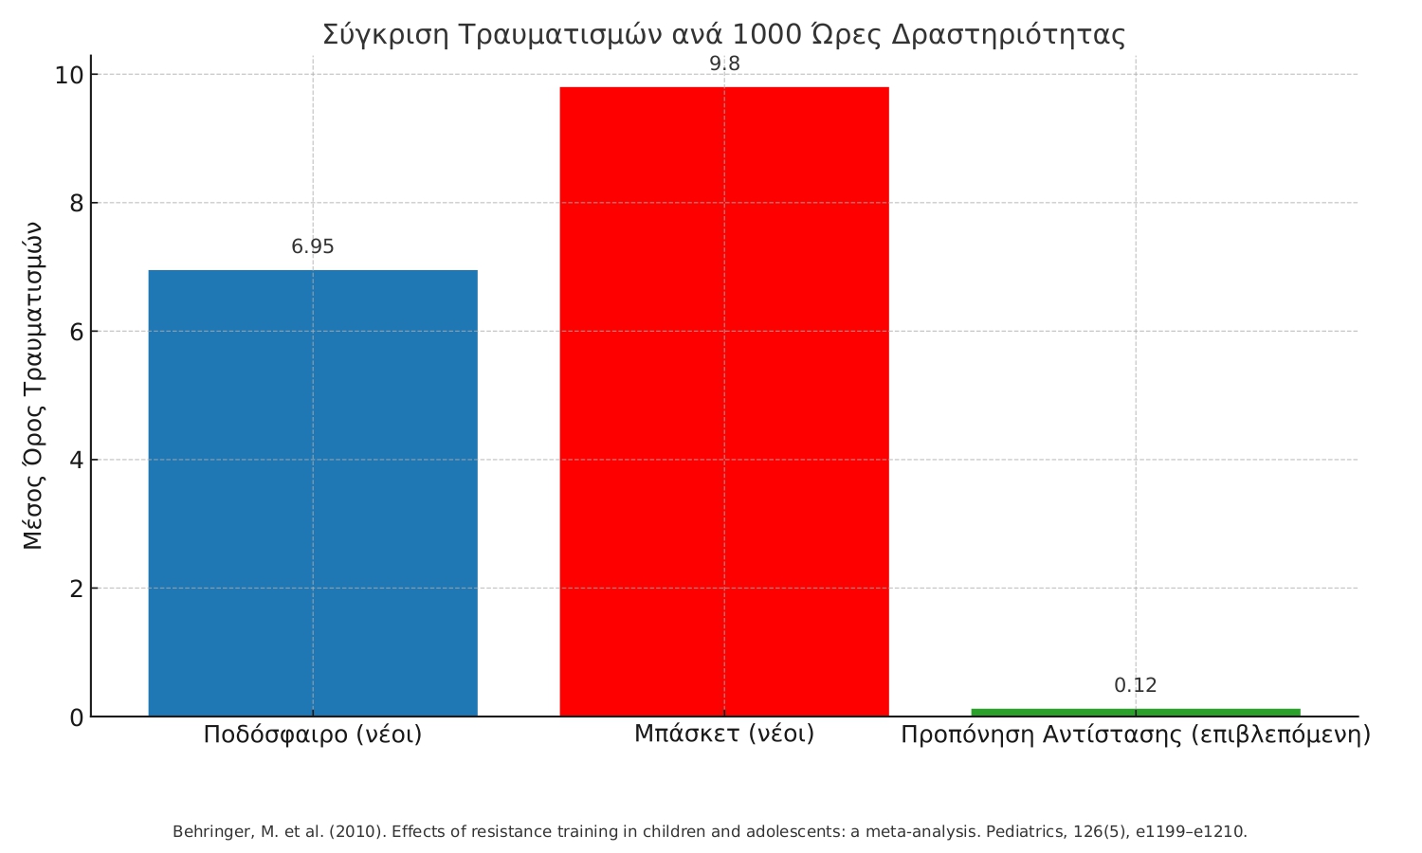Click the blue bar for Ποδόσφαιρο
point(313,493)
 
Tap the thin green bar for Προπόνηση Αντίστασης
point(1136,712)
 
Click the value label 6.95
point(313,247)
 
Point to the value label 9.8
point(724,64)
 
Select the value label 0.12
point(1136,686)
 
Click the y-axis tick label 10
point(69,75)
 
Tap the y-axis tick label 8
point(76,204)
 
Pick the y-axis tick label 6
point(76,332)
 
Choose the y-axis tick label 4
point(76,461)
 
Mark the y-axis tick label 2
point(76,589)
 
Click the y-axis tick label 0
point(76,717)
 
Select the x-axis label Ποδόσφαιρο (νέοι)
point(313,735)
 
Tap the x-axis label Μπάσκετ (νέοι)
point(724,734)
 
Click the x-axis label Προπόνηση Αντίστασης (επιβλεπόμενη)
point(1136,735)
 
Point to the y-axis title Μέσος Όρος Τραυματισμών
point(33,386)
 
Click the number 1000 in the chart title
point(766,35)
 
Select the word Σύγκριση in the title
point(384,35)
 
